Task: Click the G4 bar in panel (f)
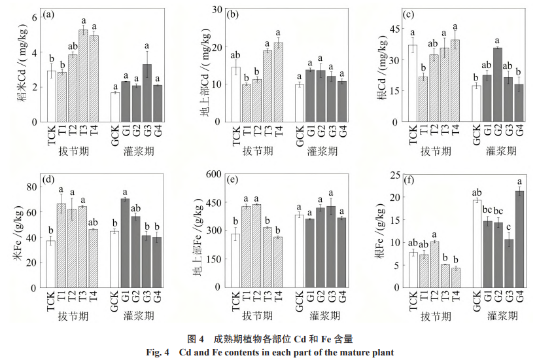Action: (520, 239)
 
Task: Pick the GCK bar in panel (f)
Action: (477, 243)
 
